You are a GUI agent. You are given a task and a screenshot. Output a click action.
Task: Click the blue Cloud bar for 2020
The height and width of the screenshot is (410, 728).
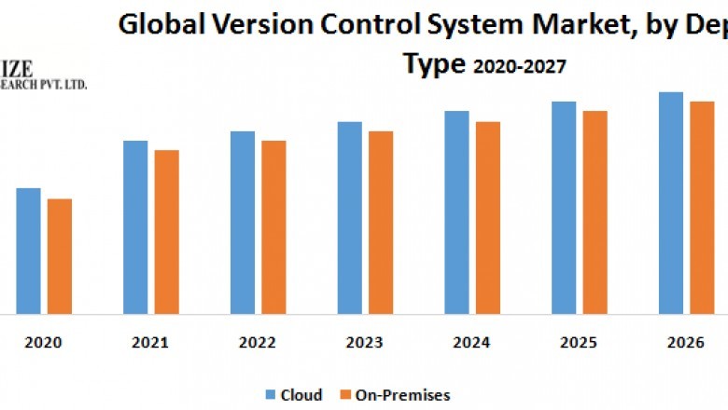28,251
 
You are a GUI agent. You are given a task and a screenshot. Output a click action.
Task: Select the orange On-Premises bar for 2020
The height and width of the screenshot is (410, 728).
60,256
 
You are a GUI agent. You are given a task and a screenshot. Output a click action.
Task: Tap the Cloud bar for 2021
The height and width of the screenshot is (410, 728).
135,227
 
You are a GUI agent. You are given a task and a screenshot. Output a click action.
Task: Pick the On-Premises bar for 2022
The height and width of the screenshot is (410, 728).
273,227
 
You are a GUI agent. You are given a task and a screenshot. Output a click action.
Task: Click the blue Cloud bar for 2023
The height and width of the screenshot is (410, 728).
349,218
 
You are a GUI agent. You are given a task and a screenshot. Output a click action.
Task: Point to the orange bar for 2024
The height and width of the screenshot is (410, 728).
487,218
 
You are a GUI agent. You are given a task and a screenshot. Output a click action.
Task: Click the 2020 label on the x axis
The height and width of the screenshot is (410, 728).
44,343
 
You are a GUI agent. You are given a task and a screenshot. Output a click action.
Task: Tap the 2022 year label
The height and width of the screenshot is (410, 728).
258,343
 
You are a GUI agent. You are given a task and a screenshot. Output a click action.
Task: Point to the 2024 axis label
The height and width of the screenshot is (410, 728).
471,343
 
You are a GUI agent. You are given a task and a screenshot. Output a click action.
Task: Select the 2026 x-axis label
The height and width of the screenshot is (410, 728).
685,343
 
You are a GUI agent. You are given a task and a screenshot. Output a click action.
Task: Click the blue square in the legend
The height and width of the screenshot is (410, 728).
273,395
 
